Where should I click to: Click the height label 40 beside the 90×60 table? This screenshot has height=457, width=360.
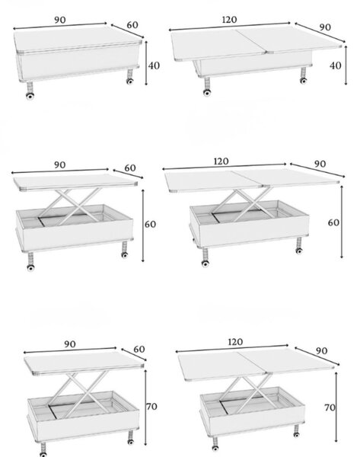[154, 66]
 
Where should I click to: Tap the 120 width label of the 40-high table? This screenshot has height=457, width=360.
[230, 20]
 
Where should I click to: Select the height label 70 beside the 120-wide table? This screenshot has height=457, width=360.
[330, 407]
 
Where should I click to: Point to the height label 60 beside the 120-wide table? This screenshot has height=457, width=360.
[333, 222]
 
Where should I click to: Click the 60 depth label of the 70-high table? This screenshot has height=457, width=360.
[139, 349]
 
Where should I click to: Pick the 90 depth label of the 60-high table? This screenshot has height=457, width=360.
[320, 164]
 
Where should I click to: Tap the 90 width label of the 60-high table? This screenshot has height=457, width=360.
[59, 165]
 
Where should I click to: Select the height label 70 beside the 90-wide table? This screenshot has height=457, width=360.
[151, 406]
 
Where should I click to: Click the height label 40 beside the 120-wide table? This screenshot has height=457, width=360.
[335, 66]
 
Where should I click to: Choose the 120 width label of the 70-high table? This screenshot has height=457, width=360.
[235, 341]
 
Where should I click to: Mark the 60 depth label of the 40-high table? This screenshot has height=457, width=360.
[132, 25]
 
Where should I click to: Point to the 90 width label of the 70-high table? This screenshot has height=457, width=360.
[70, 344]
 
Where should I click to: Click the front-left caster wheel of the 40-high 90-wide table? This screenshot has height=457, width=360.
[30, 96]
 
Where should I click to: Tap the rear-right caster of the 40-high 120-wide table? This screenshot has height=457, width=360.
[303, 81]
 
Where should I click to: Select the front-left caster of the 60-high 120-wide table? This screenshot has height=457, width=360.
[205, 264]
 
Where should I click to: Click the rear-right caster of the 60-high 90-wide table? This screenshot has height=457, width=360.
[124, 255]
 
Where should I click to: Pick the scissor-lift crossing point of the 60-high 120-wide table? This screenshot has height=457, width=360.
[250, 205]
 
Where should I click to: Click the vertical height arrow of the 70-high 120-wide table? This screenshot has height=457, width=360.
[336, 407]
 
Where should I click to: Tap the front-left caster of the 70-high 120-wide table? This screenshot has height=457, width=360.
[215, 448]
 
